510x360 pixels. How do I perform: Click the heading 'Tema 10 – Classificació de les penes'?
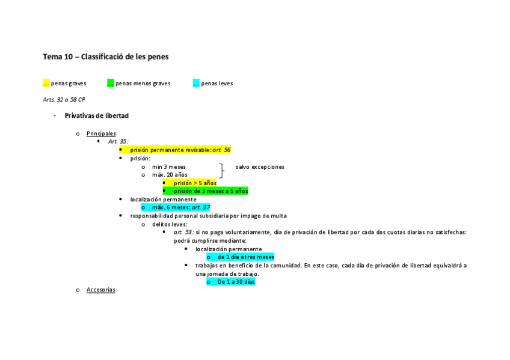pyautogui.click(x=105, y=56)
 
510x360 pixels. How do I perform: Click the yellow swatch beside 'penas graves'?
pyautogui.click(x=46, y=84)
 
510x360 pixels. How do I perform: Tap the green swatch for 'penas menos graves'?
pyautogui.click(x=110, y=84)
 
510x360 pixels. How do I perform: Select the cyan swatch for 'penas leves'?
pyautogui.click(x=196, y=84)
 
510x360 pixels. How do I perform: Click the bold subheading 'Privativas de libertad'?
pyautogui.click(x=96, y=115)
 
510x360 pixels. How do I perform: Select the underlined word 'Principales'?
pyautogui.click(x=101, y=133)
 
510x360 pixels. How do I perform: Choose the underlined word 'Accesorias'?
pyautogui.click(x=100, y=290)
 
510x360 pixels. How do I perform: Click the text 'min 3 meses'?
pyautogui.click(x=168, y=166)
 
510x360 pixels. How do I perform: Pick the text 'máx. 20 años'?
pyautogui.click(x=170, y=175)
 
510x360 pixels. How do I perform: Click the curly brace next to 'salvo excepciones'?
pyautogui.click(x=223, y=171)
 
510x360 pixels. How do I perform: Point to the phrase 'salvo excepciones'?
pyautogui.click(x=260, y=166)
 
